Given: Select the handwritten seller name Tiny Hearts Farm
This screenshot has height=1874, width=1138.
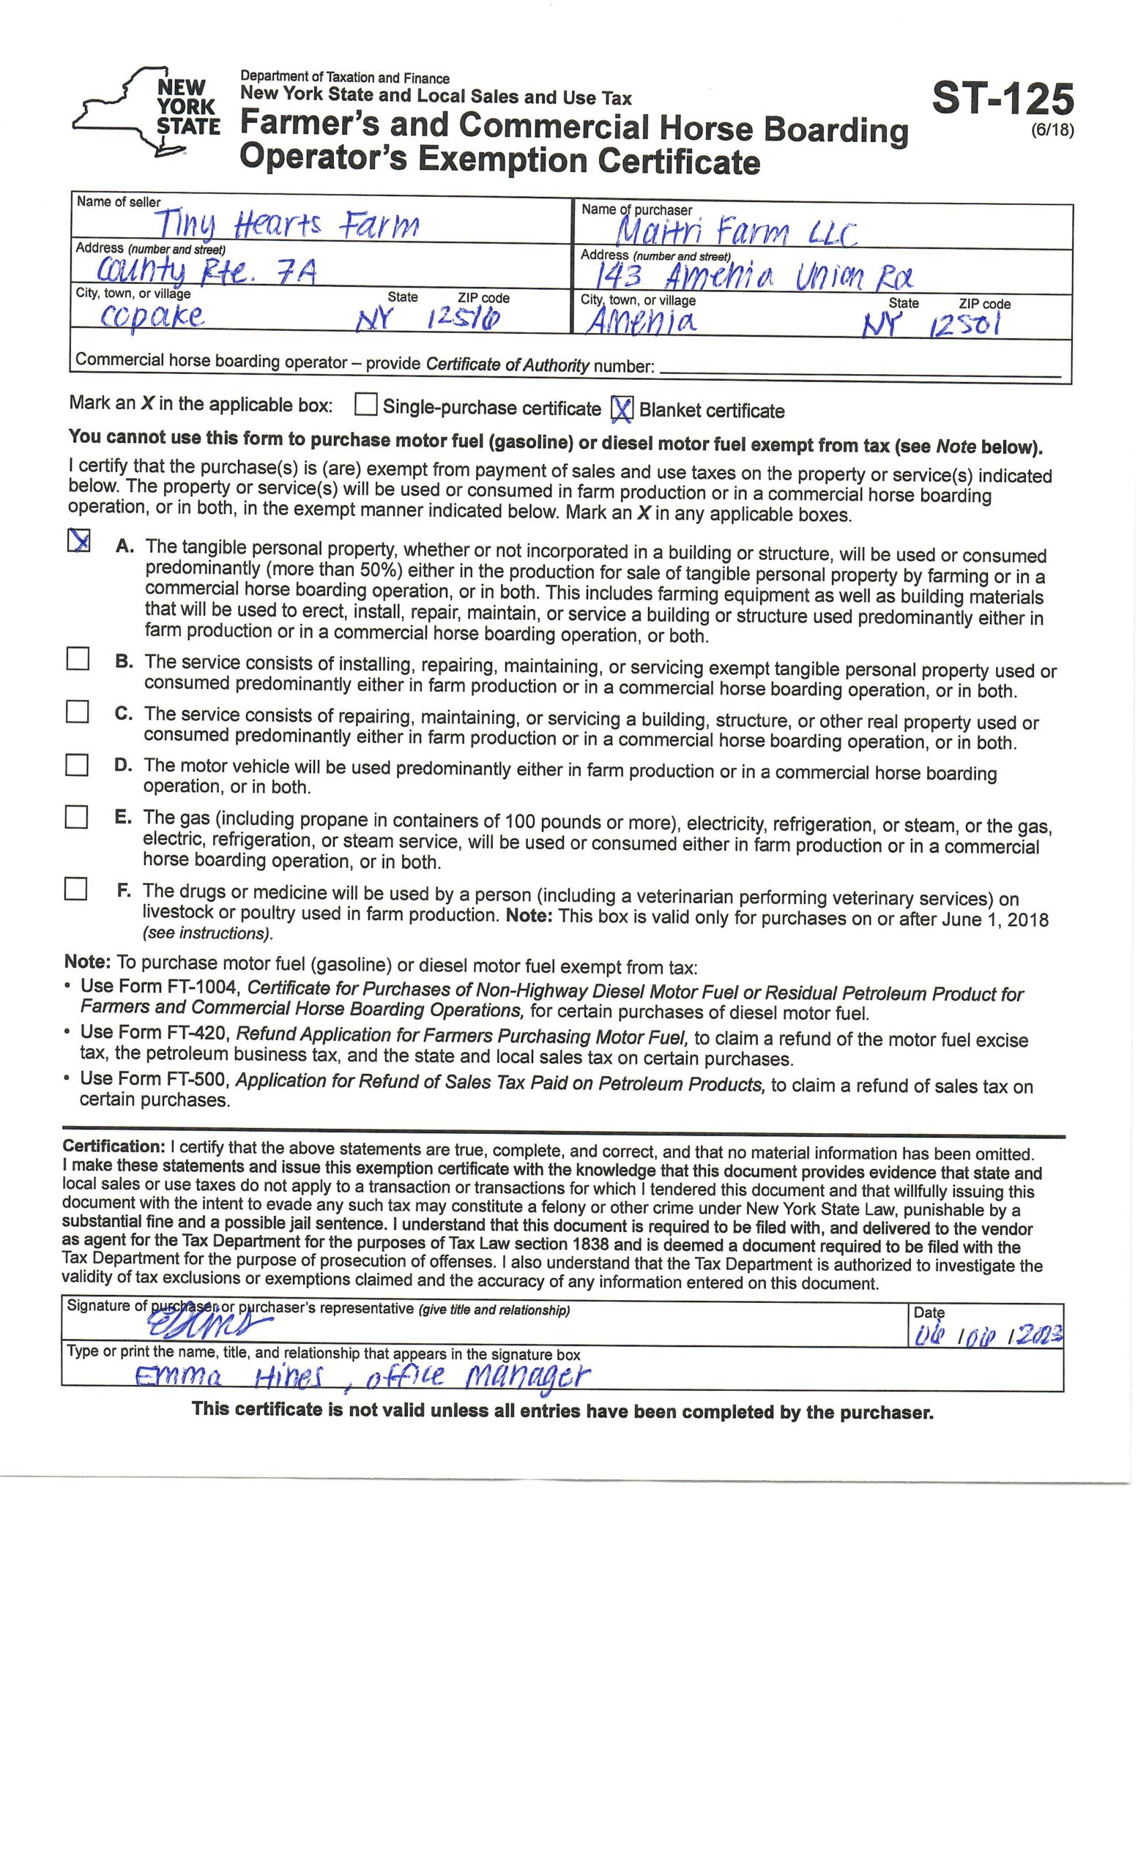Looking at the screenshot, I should tap(287, 224).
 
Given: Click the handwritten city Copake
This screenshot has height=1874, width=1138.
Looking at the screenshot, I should tap(152, 316).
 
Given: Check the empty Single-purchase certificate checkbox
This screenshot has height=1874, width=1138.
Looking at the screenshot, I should tap(366, 405).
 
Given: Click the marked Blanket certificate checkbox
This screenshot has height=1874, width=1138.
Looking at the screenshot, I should tap(622, 409).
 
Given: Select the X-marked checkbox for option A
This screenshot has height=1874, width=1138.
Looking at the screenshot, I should tap(79, 541).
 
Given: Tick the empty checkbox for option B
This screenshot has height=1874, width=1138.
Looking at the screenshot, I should tap(78, 659).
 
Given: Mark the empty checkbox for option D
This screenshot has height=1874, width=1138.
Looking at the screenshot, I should tap(77, 764).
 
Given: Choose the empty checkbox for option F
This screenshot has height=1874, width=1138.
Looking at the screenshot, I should tap(76, 889).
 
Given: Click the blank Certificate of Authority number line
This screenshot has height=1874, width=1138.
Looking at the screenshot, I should tap(860, 371).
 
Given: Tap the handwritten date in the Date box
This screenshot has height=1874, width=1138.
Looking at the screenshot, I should tap(986, 1335).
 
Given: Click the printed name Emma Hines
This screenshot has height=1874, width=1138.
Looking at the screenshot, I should tap(228, 1377).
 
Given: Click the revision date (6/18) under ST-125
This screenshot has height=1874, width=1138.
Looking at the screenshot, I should tap(1053, 131).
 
